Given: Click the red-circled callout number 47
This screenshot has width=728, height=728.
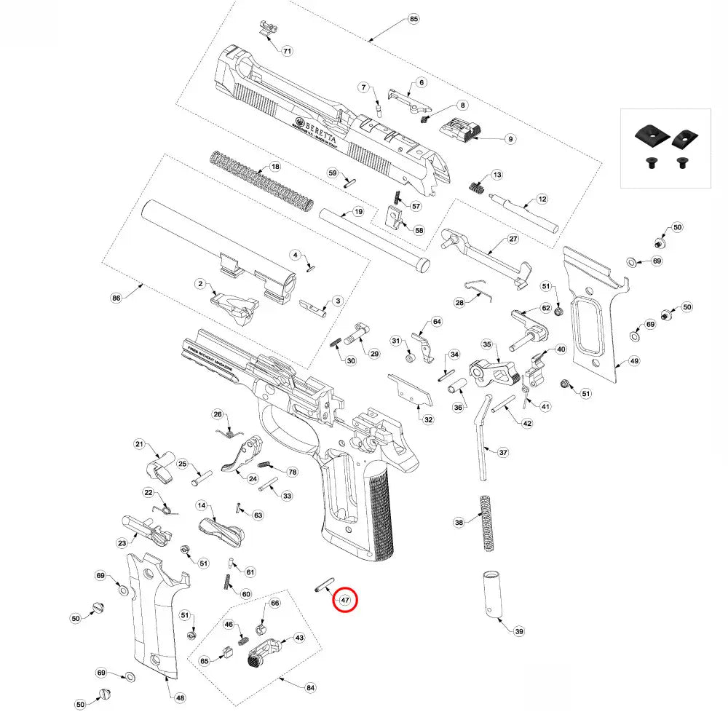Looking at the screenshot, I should pos(344,601).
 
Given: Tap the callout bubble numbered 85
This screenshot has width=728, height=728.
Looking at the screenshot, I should pos(414,18).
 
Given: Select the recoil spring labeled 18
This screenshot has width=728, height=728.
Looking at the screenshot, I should pos(263,178).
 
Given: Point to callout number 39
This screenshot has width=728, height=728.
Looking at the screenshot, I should pos(518,631).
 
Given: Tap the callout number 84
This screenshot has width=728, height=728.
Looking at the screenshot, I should pos(310,687).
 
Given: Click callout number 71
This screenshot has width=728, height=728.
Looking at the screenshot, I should pos(287,51).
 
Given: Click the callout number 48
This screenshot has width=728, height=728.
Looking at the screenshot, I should pos(180,697).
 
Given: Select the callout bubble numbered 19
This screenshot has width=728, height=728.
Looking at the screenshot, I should pos(357,212).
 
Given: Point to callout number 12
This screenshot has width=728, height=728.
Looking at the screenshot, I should pos(542,199).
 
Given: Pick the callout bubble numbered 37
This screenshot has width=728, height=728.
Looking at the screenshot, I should pos(503,452).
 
